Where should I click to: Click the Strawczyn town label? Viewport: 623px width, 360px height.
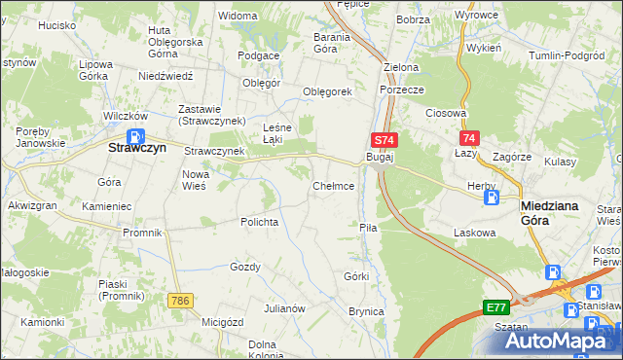click(x=137, y=150)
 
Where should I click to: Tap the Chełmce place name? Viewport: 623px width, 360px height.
click(x=333, y=185)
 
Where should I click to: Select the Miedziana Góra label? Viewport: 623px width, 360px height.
click(x=550, y=213)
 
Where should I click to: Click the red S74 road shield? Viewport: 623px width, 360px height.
click(x=383, y=141)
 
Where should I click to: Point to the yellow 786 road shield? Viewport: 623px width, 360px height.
click(x=177, y=301)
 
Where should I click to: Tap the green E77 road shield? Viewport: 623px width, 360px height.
click(x=496, y=306)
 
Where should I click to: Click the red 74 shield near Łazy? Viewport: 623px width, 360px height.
click(x=470, y=139)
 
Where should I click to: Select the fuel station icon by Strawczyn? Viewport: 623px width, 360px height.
click(x=137, y=135)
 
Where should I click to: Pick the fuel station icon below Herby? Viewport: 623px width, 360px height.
click(x=492, y=198)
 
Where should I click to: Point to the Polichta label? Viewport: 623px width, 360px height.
click(x=260, y=222)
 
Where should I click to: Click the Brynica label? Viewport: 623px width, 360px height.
click(x=366, y=311)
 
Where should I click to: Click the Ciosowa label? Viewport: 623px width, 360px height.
click(x=447, y=113)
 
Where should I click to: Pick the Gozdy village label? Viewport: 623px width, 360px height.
click(x=245, y=267)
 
